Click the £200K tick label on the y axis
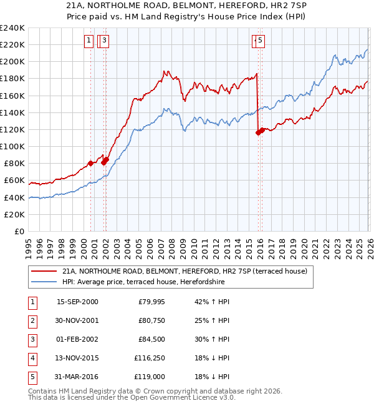[12, 61]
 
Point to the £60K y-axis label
[14, 180]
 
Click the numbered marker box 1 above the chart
[89, 41]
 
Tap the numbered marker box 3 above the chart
[104, 41]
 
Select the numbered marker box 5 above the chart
[259, 41]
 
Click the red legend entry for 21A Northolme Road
[184, 272]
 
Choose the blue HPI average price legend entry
[143, 282]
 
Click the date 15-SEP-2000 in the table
[77, 302]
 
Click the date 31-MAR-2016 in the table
[77, 377]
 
